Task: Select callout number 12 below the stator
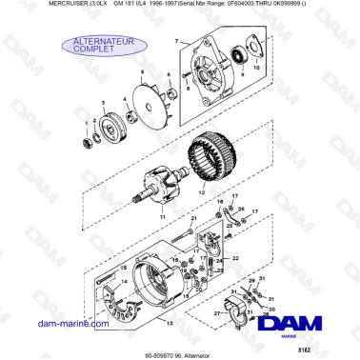[199, 193]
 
